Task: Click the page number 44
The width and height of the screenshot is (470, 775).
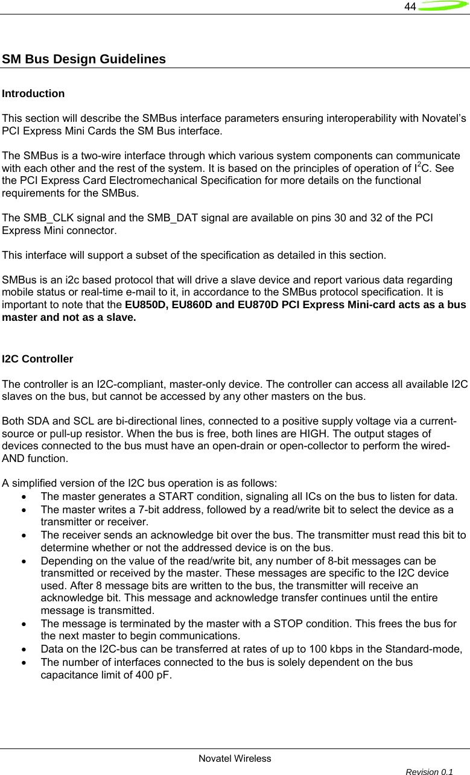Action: coord(410,7)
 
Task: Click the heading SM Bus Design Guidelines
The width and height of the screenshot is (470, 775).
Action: coord(84,60)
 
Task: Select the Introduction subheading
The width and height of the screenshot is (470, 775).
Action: coord(33,94)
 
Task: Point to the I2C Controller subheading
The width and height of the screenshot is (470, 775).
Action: coord(37,359)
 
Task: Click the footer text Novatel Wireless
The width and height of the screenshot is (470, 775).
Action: coord(235,758)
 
